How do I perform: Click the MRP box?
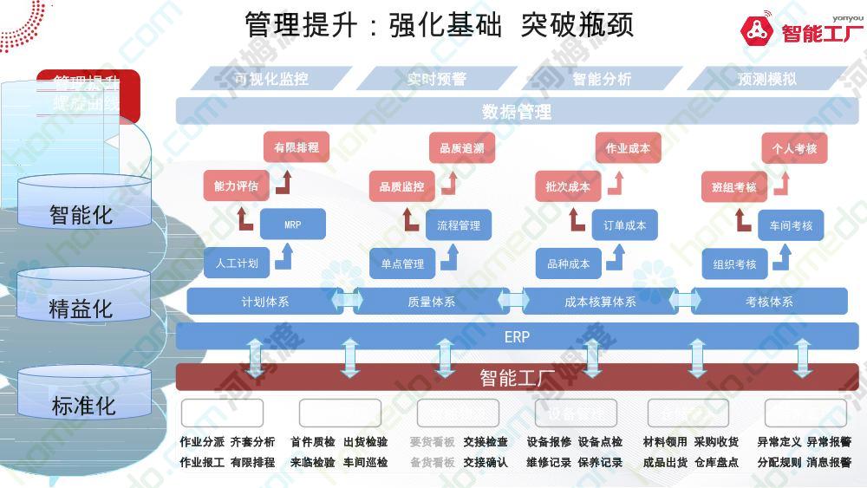[x=292, y=225]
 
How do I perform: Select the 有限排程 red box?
[x=297, y=148]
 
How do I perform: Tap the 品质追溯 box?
[x=461, y=148]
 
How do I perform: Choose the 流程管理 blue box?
[x=459, y=225]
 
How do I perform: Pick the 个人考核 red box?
[x=794, y=148]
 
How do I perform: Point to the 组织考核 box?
[x=735, y=264]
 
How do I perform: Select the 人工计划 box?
[x=237, y=264]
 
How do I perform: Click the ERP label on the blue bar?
[x=517, y=336]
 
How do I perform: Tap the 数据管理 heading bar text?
[x=517, y=112]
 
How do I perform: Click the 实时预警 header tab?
[x=437, y=79]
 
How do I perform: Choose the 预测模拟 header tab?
[x=766, y=79]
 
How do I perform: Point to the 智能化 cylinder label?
[x=81, y=214]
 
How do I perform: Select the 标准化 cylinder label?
[x=83, y=405]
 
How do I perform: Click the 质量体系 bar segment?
[x=432, y=302]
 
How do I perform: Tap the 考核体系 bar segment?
[x=769, y=302]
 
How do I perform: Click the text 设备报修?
[x=549, y=442]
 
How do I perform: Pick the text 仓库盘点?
[x=716, y=463]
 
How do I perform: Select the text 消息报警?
[x=829, y=463]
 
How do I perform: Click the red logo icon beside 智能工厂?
[x=757, y=31]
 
